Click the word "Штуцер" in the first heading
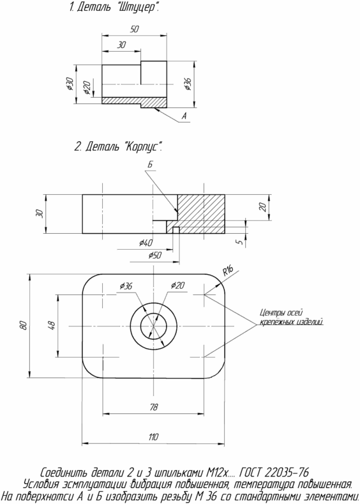(x=135, y=7)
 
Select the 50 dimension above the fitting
(x=135, y=29)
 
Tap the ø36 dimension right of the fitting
(x=188, y=84)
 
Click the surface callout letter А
(x=184, y=116)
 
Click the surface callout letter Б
(x=150, y=164)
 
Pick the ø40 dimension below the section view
(x=146, y=243)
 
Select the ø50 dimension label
(x=155, y=256)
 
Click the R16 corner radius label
(x=228, y=271)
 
